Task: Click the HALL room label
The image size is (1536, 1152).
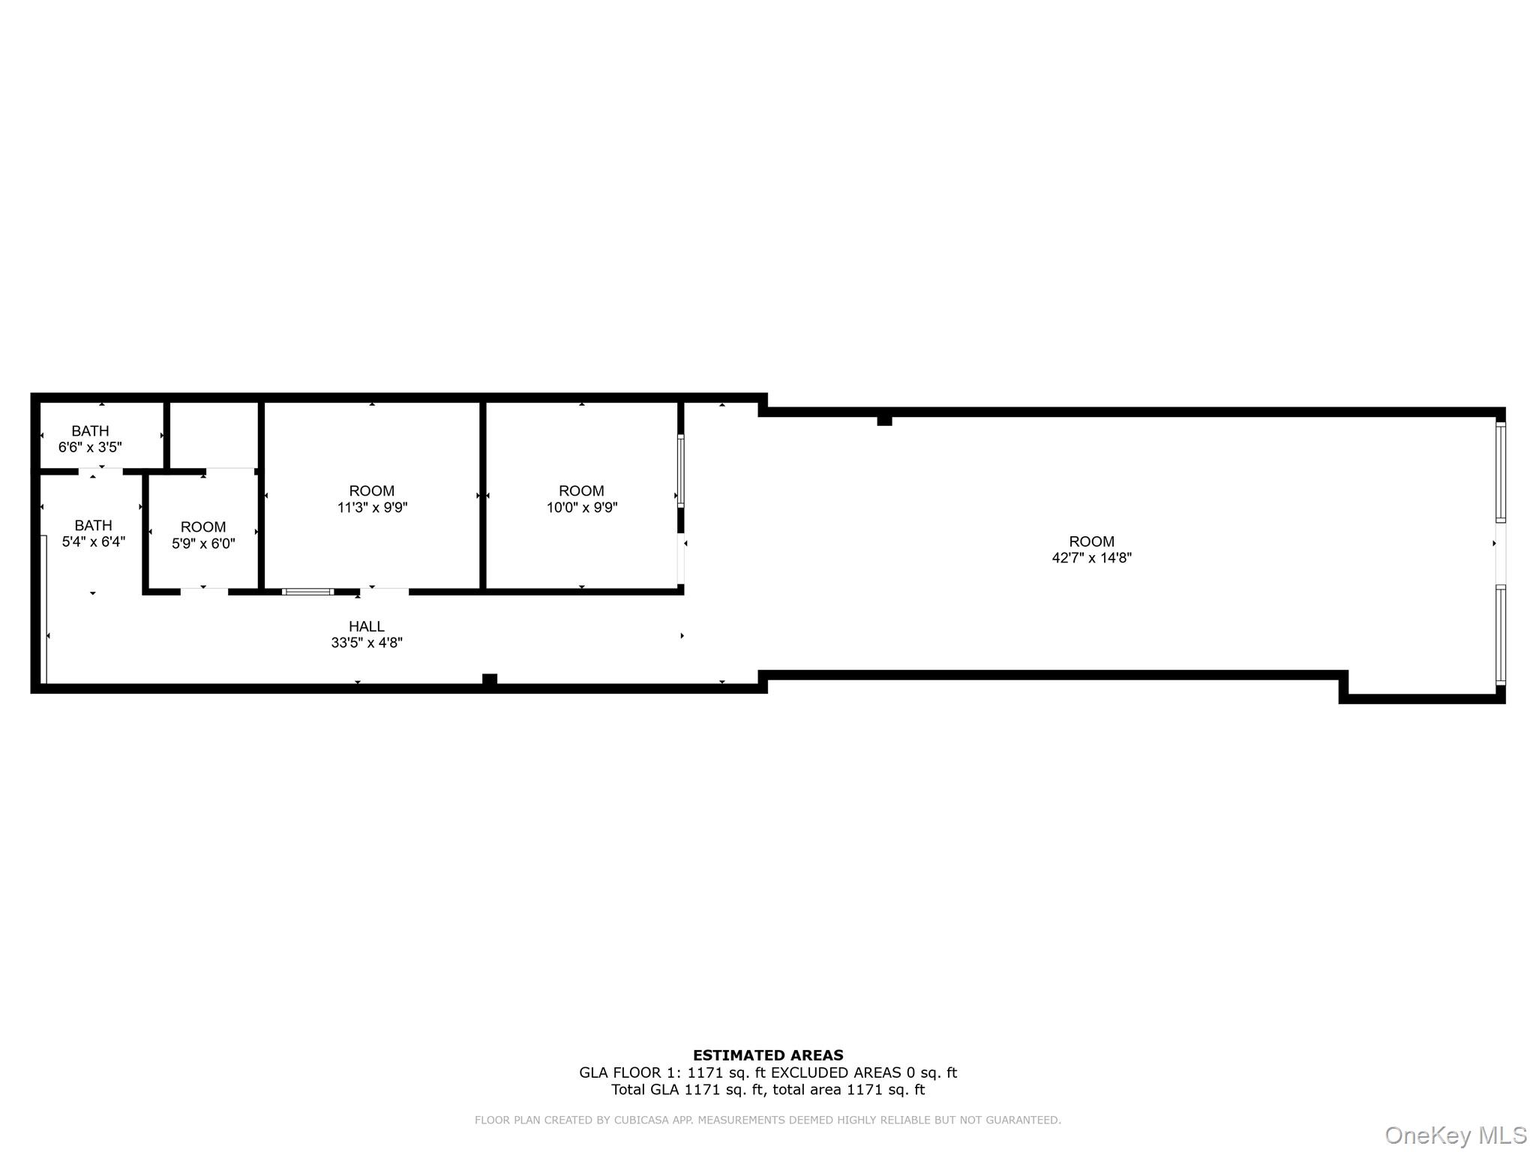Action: (366, 626)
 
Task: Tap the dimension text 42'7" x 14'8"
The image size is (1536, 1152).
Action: (1091, 558)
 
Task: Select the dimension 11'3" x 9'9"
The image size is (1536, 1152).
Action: (372, 508)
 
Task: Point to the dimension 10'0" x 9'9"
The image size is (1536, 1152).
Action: (582, 508)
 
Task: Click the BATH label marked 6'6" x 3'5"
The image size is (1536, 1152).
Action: (90, 431)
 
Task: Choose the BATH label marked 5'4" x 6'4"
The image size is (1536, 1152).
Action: (93, 526)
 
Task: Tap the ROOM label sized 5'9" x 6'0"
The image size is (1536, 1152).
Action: (203, 527)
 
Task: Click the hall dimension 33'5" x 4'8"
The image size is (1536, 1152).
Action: (367, 643)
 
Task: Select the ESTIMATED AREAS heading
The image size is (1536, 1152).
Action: (768, 1055)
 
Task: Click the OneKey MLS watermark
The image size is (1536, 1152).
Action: (1456, 1135)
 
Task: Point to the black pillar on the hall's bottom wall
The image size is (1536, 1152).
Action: (490, 680)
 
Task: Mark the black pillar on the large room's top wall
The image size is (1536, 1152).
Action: (884, 421)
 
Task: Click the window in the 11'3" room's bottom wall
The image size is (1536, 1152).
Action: (308, 592)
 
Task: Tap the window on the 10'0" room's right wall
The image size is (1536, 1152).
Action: (681, 471)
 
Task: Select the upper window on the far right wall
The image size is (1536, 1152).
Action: (1501, 472)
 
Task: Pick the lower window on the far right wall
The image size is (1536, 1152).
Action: (1501, 635)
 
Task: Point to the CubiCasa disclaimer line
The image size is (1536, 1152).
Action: (768, 1120)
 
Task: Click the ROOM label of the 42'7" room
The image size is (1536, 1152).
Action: (1091, 541)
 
